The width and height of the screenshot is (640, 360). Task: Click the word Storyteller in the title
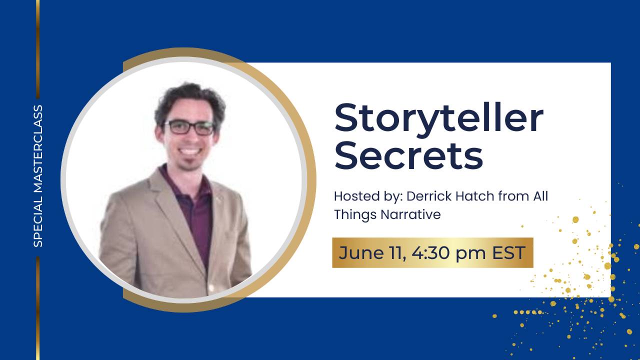[x=438, y=118]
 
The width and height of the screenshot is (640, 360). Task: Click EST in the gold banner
[x=508, y=252]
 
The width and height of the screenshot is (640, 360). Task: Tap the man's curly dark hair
[x=190, y=97]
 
